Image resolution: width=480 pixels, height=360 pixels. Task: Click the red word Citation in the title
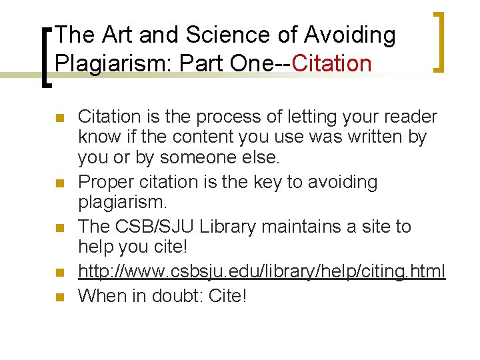(x=331, y=63)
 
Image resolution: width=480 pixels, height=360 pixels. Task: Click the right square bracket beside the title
(x=439, y=41)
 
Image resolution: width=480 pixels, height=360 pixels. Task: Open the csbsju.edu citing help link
(x=261, y=271)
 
